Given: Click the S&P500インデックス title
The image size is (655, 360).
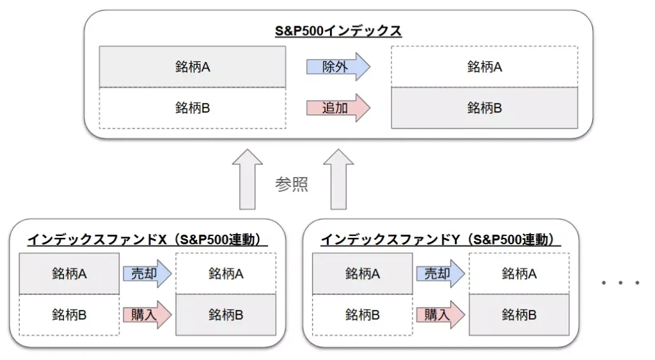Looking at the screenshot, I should click(338, 31).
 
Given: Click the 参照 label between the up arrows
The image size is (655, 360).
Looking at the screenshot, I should click(292, 185).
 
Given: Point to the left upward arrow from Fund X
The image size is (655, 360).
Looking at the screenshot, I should click(247, 180).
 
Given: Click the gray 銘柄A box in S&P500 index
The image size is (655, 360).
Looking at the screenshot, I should click(193, 67).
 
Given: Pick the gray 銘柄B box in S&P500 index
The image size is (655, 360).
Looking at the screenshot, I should click(484, 108).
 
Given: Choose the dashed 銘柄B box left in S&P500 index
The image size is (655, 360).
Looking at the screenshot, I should click(193, 108).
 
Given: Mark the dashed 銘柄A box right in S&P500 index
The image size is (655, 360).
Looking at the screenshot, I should click(484, 67).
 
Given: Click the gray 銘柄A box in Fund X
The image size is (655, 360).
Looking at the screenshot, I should click(69, 274).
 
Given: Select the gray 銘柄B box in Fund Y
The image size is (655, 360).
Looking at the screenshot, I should click(519, 315).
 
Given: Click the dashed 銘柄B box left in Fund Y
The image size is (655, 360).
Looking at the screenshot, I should click(362, 315).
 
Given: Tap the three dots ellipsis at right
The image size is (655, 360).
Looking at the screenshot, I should click(620, 283).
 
